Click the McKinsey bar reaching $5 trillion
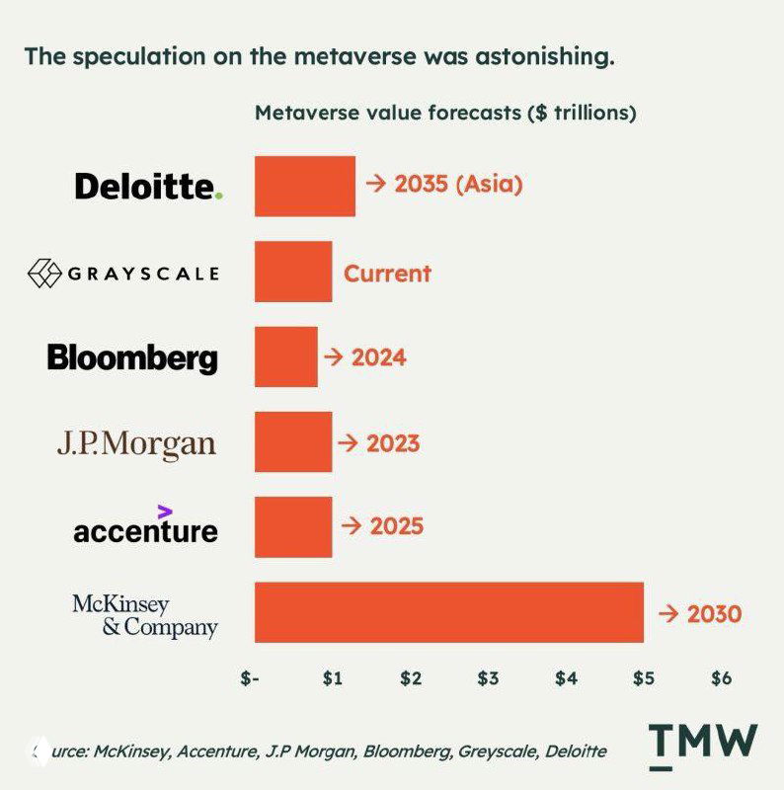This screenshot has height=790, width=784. pos(449,612)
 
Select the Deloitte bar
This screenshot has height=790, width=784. pos(304,186)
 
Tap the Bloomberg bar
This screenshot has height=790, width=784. pos(286,356)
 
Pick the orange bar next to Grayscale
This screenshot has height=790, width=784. pos(293,272)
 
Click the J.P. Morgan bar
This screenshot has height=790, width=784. pos(293,441)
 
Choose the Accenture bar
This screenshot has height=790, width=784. pos(293,526)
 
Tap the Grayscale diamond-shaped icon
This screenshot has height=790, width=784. pos(44,273)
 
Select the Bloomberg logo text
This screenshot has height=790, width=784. pos(132,357)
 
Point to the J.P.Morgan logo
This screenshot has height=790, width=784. pos(135,443)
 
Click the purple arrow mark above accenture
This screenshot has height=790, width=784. pos(165,511)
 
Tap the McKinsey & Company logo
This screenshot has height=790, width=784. pos(145,614)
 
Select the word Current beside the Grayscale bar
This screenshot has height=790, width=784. pos(387,273)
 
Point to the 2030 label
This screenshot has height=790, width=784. pos(713,613)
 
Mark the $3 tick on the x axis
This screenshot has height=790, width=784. pos(488,678)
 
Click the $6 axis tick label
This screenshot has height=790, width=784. pos(721,678)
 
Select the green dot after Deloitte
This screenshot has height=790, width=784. pos(219,196)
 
